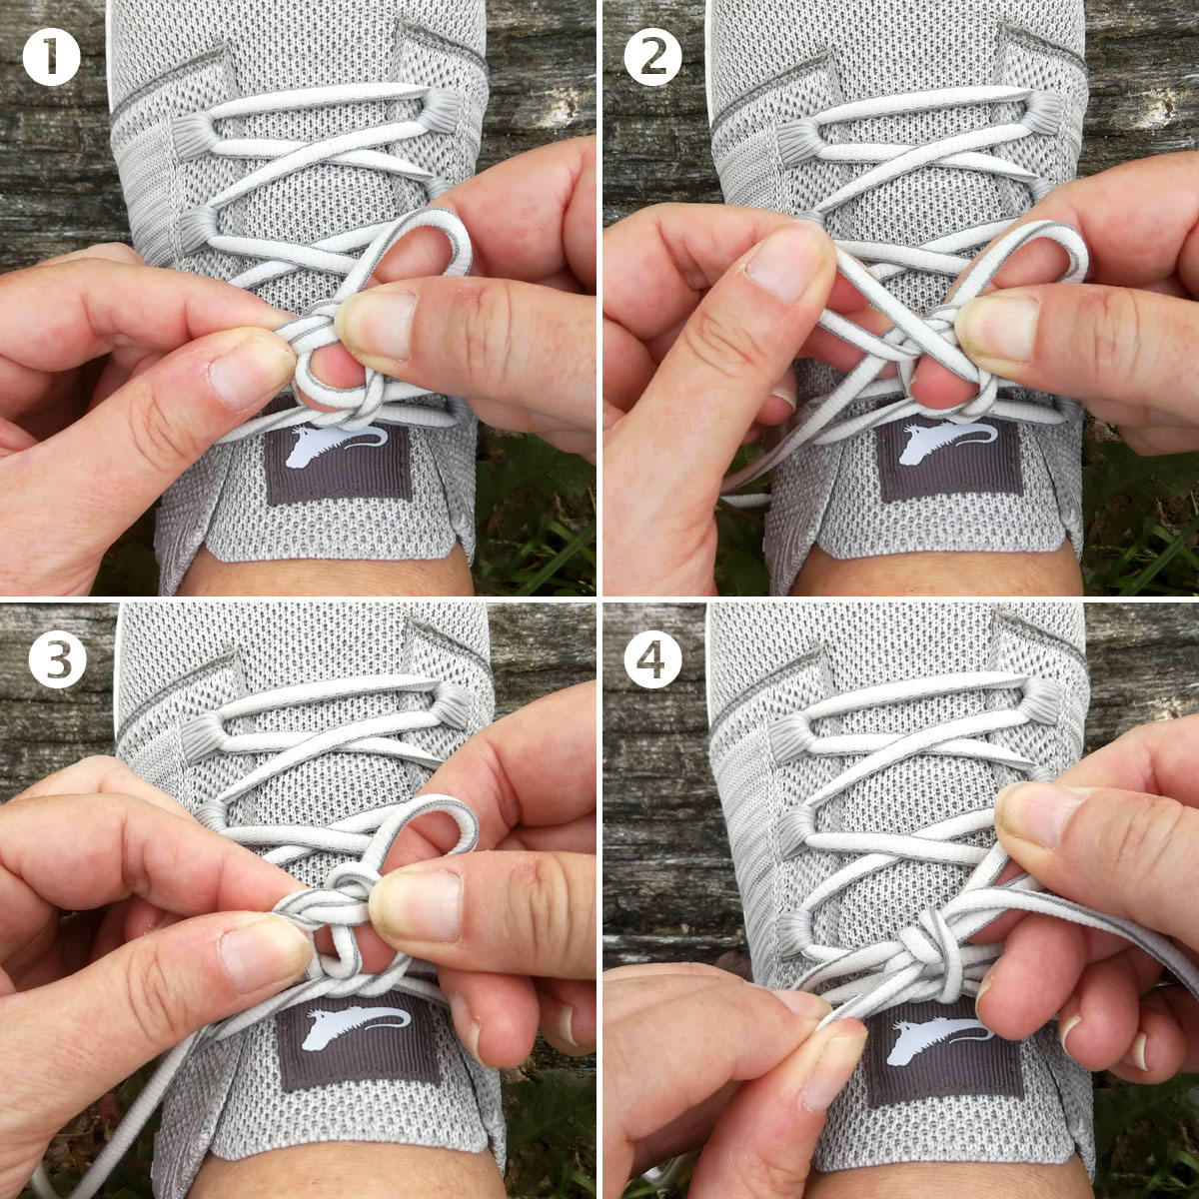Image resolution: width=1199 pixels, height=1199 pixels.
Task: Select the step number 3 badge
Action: [58, 658]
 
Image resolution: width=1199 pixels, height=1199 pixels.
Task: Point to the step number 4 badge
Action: [653, 658]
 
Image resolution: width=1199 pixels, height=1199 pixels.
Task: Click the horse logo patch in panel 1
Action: [339, 462]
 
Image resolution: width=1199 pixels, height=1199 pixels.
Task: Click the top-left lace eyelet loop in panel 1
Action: [192, 133]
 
